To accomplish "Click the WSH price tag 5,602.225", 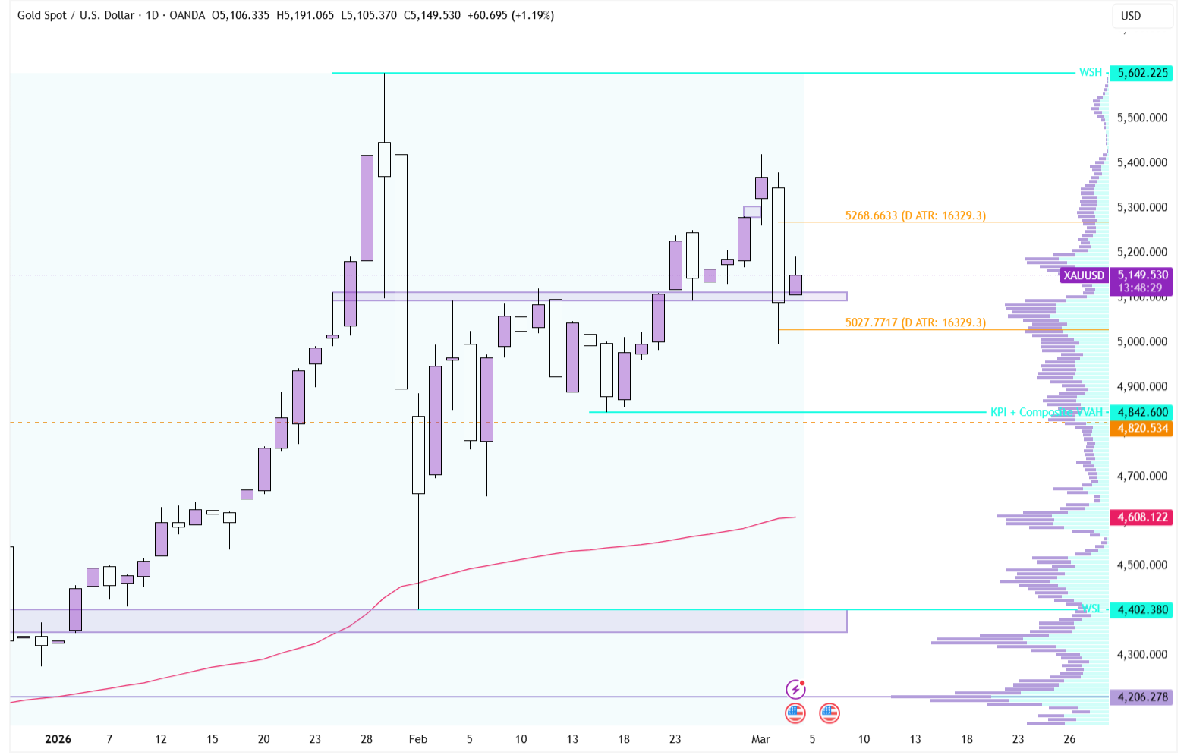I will (1141, 73).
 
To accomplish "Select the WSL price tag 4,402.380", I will (1141, 609).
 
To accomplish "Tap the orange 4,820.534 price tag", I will (1141, 428).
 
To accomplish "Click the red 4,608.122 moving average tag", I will (1141, 517).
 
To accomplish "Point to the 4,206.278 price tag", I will (1141, 697).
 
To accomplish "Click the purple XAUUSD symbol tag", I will (1084, 275).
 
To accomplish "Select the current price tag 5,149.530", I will (1141, 275).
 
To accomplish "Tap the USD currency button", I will (1131, 16).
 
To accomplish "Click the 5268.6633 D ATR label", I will (915, 215).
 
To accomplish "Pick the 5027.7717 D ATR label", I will (915, 322).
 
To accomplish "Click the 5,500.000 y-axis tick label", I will (1141, 118).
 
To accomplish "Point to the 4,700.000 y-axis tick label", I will (1141, 476).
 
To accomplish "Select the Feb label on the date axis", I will (417, 739).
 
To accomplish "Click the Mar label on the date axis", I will (760, 739).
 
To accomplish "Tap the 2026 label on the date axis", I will (58, 739).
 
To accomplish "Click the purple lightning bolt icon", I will (795, 689).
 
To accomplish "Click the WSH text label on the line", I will (1090, 72).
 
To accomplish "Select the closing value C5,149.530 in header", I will (432, 15).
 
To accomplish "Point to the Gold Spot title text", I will (42, 15).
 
